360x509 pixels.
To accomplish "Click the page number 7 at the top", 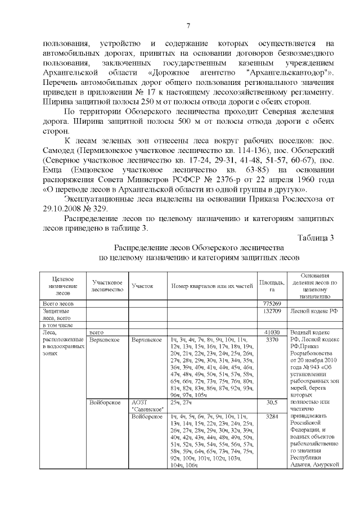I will (188, 25).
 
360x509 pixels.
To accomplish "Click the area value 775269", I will (272, 304).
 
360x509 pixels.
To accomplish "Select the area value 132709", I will (272, 310).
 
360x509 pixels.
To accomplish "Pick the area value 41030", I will (272, 332).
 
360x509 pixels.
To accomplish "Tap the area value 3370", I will (272, 340).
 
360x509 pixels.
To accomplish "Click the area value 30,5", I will (272, 402).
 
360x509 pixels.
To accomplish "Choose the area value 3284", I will (272, 417).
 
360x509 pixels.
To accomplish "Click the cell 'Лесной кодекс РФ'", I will (313, 310).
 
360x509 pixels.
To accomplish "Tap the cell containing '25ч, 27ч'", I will (182, 402).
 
